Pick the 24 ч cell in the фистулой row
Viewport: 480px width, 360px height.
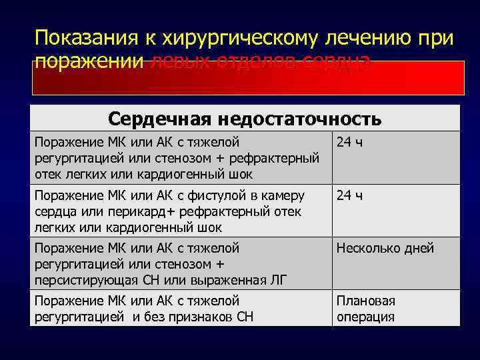(x=349, y=196)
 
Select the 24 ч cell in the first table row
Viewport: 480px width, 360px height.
(x=349, y=142)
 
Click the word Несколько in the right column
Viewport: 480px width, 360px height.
(x=367, y=249)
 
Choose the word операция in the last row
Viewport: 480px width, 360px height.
(x=365, y=317)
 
